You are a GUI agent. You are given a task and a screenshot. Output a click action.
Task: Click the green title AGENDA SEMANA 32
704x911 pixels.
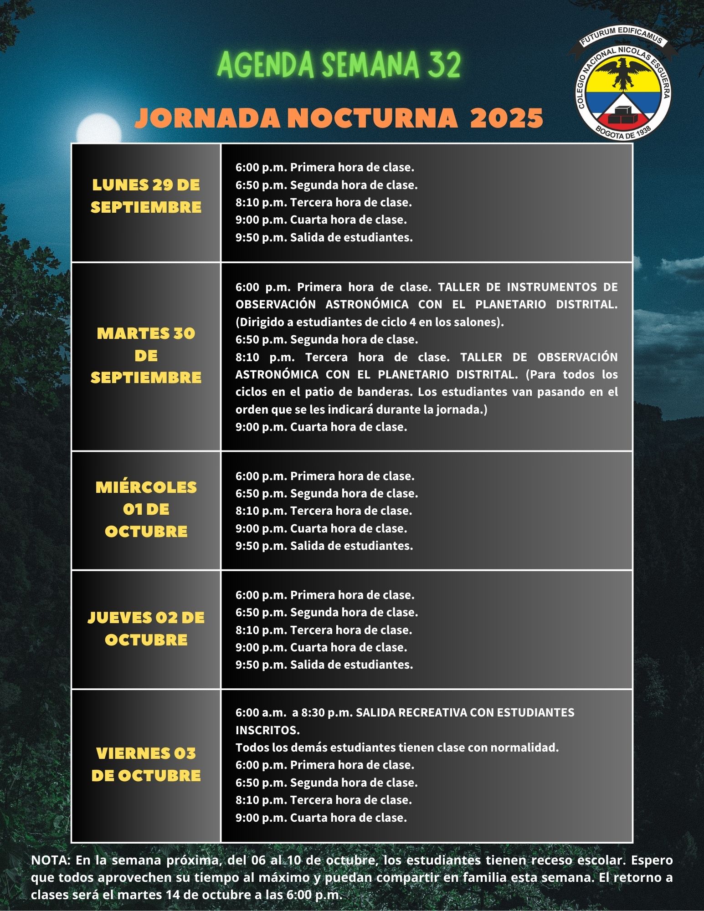(339, 65)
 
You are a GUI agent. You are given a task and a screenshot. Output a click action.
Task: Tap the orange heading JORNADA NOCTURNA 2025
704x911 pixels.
(339, 118)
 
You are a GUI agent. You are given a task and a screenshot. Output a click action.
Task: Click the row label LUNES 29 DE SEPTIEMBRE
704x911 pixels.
(146, 196)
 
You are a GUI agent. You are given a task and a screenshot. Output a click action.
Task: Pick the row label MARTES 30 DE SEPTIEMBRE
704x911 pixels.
(146, 355)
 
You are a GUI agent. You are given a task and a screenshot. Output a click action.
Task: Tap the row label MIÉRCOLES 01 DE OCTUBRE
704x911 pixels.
(146, 509)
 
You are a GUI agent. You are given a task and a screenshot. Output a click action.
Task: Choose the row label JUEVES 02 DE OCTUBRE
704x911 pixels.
(146, 629)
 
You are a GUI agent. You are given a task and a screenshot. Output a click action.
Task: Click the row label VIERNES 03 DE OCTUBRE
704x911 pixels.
(146, 764)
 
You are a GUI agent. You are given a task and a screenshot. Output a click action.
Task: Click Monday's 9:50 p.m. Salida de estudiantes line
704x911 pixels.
(324, 237)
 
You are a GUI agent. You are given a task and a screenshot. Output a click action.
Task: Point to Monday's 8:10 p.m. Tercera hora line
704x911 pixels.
(324, 202)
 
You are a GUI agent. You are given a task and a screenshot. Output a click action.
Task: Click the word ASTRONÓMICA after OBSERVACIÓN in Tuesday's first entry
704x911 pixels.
(367, 304)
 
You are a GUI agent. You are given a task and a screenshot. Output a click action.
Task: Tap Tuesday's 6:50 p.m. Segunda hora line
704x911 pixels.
(326, 339)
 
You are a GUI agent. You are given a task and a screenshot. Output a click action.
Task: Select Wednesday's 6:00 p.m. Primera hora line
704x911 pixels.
(325, 476)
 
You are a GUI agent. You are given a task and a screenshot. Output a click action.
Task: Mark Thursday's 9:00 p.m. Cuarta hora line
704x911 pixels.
(321, 647)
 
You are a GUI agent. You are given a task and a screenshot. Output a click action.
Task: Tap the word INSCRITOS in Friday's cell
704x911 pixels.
(267, 730)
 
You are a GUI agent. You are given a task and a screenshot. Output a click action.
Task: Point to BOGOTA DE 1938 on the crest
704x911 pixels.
(623, 133)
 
